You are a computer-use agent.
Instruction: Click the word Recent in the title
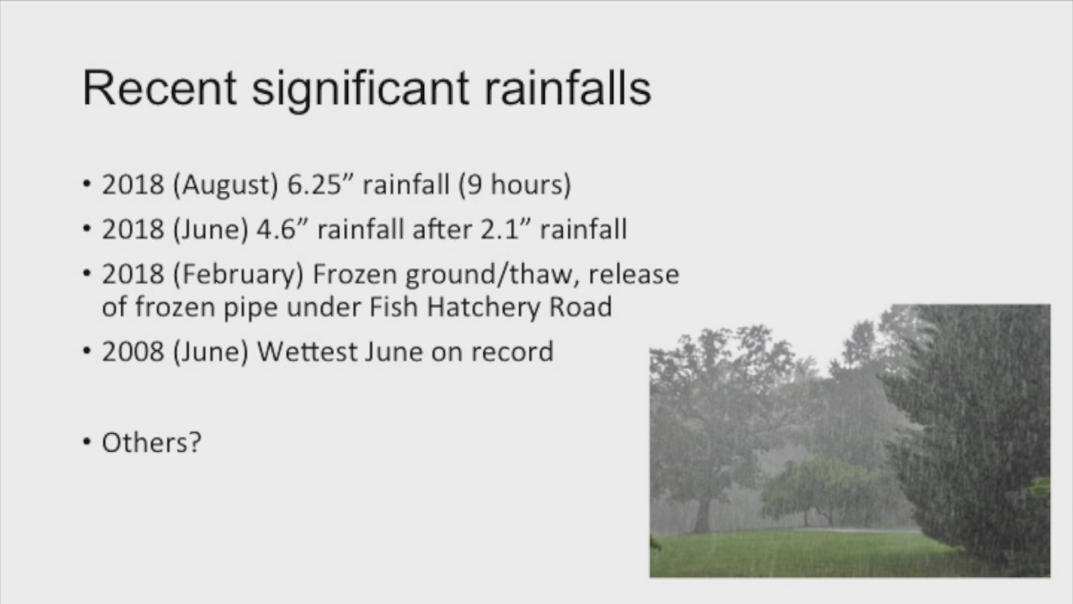click(x=160, y=88)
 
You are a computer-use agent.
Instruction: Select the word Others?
click(x=151, y=442)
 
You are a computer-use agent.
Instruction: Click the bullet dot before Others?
click(x=86, y=442)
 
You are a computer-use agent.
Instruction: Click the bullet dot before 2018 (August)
click(x=86, y=185)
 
